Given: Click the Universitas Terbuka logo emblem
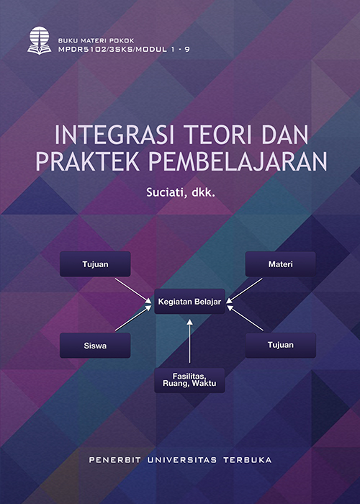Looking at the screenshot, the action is [x=39, y=40].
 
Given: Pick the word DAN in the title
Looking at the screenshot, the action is [x=285, y=135].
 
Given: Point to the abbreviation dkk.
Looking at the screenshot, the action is [x=202, y=193].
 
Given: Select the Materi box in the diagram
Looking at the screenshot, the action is [x=280, y=264].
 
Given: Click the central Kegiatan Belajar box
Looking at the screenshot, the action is [x=189, y=302].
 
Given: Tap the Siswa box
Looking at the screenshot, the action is [x=95, y=346].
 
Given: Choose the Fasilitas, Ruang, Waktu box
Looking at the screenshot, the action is [x=189, y=380].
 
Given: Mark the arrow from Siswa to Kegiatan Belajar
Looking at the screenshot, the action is [x=133, y=318].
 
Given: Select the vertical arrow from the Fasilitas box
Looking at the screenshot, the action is [x=189, y=341].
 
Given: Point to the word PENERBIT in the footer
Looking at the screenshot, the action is [x=114, y=460].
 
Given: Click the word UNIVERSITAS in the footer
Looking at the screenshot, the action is [x=182, y=460].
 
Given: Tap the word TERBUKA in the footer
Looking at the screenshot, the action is [x=248, y=460].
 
